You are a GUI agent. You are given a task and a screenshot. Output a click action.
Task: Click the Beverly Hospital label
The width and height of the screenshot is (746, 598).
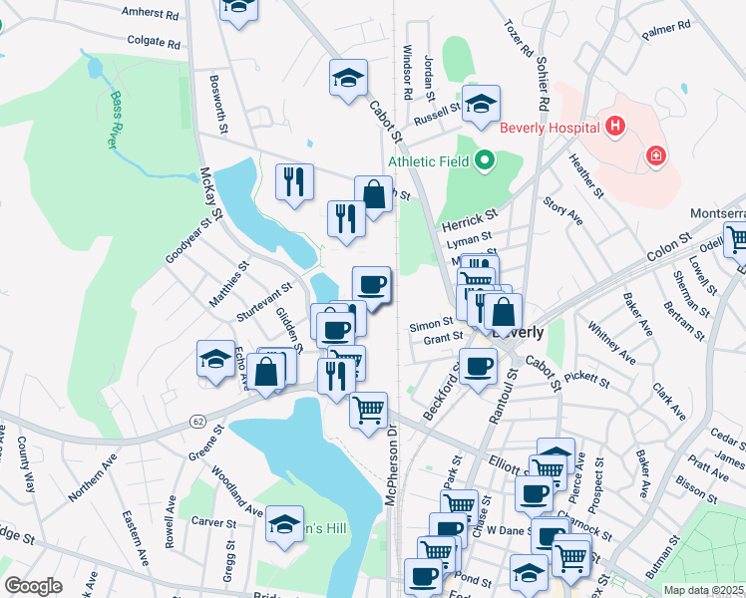[x=549, y=127]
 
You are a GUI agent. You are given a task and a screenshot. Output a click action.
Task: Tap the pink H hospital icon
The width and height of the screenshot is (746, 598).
[x=614, y=127]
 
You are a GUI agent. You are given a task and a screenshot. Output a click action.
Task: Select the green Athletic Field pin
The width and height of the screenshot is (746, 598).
[x=486, y=159]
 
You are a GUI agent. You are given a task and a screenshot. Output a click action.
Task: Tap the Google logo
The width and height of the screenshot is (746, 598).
[x=33, y=586]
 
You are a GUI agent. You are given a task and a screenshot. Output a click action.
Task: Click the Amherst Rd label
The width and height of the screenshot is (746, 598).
[x=150, y=14]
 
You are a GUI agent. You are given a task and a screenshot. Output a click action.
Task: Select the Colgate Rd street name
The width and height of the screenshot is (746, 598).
[x=154, y=43]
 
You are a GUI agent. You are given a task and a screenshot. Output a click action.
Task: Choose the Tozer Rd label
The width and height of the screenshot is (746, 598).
[x=520, y=37]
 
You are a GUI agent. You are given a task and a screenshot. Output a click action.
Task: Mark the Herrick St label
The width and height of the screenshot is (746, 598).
[x=470, y=218]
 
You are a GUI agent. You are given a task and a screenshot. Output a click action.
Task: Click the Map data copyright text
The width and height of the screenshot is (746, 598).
[x=703, y=590]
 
